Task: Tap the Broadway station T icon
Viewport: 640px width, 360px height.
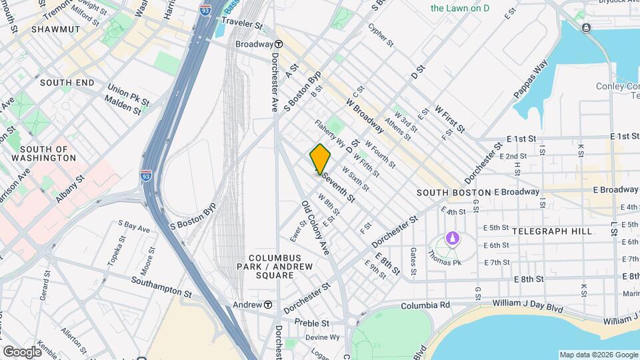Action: click(x=278, y=44)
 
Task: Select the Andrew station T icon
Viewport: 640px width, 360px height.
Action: click(x=267, y=305)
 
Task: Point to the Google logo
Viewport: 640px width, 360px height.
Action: click(x=23, y=351)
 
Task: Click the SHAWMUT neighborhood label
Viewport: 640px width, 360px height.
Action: click(x=59, y=29)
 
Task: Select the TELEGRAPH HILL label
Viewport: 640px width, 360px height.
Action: click(x=551, y=231)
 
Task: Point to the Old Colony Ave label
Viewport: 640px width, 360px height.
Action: click(x=315, y=227)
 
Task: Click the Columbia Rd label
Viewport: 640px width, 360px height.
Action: click(x=426, y=305)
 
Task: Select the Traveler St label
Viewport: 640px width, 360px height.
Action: click(x=242, y=23)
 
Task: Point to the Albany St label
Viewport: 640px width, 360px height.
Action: click(x=70, y=189)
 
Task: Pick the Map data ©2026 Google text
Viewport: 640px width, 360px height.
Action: click(x=597, y=355)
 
